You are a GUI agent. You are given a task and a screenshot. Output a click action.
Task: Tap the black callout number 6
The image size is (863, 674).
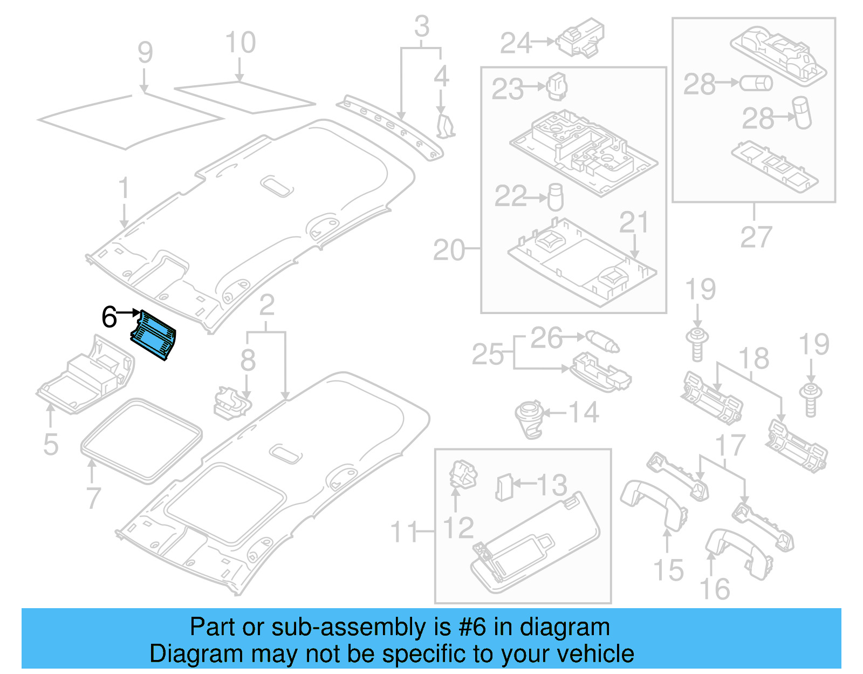click(x=109, y=317)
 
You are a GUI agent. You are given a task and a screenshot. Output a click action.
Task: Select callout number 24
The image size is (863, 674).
click(x=516, y=43)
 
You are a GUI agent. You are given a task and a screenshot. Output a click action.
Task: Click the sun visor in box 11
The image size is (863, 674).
click(x=534, y=545)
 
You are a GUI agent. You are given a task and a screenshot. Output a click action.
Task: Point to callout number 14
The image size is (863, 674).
click(x=584, y=413)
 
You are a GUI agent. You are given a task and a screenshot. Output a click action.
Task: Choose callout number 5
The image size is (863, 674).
click(x=50, y=445)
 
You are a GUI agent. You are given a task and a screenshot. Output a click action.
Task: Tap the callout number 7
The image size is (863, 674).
click(x=93, y=498)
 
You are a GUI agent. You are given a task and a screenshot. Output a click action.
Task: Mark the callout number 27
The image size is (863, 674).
click(x=756, y=237)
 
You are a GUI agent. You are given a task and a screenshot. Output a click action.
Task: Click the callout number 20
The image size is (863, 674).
click(x=448, y=250)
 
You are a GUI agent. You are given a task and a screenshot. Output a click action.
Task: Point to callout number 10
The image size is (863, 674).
click(x=240, y=43)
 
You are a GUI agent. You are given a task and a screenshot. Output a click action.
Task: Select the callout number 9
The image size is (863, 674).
click(x=145, y=52)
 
